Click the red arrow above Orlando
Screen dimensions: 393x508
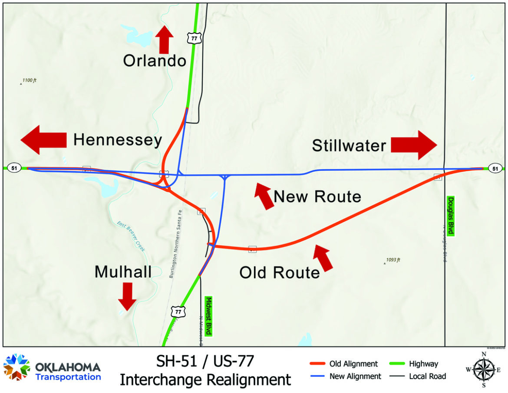click(x=164, y=40)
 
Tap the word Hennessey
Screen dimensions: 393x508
click(x=118, y=140)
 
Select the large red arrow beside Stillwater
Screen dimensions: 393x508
click(x=413, y=145)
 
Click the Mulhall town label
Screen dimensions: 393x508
click(x=123, y=272)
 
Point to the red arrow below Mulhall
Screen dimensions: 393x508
click(x=127, y=296)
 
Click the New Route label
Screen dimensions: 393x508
click(x=317, y=197)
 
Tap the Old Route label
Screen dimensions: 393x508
click(x=280, y=273)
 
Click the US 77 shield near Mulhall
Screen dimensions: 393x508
click(x=177, y=311)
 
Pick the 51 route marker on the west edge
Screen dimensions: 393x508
click(x=14, y=168)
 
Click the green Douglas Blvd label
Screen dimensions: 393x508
click(x=450, y=216)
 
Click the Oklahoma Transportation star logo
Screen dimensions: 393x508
click(x=16, y=368)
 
